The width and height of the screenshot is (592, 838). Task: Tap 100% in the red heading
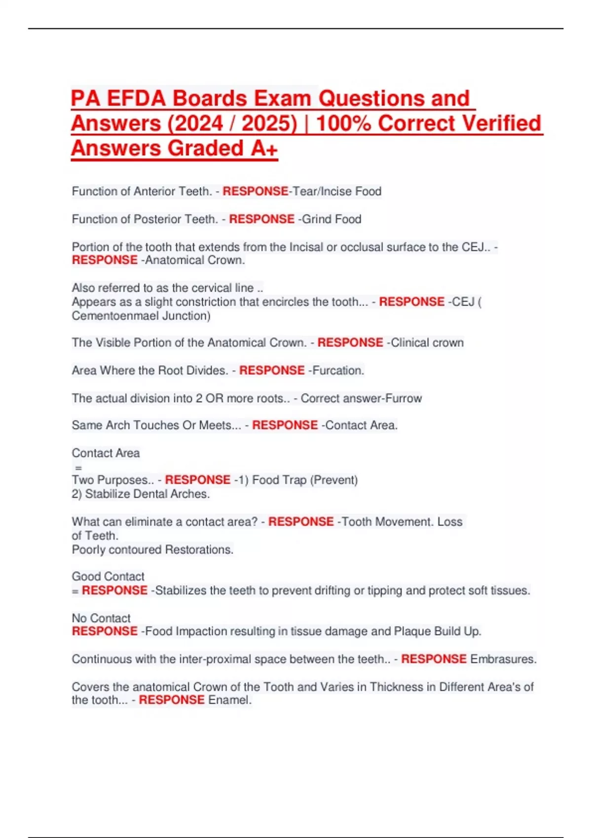(343, 123)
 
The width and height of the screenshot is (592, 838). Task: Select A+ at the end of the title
(264, 148)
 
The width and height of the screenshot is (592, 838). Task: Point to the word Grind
(315, 219)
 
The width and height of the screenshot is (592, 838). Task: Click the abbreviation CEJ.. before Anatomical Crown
(476, 247)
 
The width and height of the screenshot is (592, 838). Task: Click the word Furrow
(404, 398)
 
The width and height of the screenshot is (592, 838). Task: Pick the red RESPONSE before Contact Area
(285, 425)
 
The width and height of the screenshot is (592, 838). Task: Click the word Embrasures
(503, 659)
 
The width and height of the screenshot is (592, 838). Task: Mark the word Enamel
(230, 700)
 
